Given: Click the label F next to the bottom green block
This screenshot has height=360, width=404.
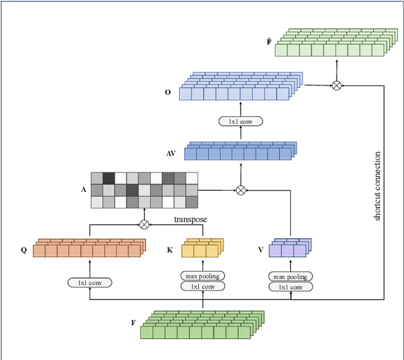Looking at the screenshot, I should tap(133, 323).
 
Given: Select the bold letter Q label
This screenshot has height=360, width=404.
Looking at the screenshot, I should tap(24, 250).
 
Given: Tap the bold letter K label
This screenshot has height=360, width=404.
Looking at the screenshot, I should tap(170, 250).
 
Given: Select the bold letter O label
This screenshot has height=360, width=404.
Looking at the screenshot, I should tap(167, 92).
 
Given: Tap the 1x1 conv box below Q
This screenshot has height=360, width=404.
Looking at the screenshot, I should tap(90, 283).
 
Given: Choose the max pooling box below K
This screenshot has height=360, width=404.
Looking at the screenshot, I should tap(203, 276).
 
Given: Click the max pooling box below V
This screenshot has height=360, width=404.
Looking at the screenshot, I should tap(290, 276).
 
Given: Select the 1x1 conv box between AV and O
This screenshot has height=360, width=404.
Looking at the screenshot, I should tap(240, 121).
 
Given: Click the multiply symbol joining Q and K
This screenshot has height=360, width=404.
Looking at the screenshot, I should tap(144, 224).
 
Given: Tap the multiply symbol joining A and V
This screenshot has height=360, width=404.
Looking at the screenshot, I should tap(240, 189).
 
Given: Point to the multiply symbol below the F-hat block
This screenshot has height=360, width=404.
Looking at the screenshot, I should tap(336, 85).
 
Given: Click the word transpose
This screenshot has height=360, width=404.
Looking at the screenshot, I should tap(191, 219).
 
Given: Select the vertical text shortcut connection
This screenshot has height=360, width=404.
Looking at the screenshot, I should tap(377, 186).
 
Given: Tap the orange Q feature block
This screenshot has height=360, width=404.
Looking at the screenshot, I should tap(89, 248).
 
